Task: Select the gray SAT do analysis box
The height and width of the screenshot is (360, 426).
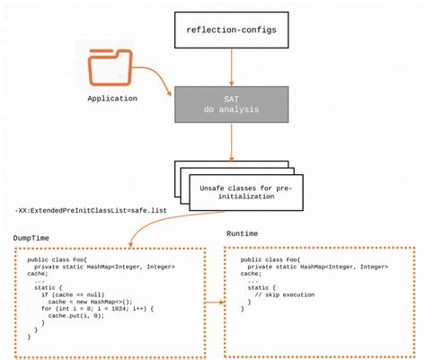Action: point(233,105)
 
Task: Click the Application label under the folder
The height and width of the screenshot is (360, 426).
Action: point(112,98)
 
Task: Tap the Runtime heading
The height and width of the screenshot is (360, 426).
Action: point(242,233)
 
